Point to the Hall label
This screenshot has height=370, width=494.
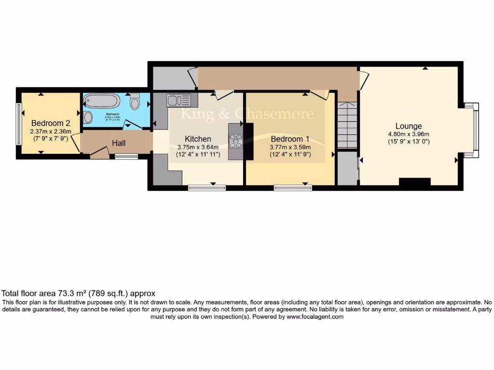click(119, 143)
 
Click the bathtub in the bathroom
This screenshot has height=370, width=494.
click(102, 101)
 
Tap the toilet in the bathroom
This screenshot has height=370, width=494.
click(135, 102)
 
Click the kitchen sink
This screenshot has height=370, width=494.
click(179, 100)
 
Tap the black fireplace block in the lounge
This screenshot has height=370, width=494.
click(414, 182)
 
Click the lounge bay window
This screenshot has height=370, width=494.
click(475, 130)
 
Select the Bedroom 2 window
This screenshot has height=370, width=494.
click(19, 123)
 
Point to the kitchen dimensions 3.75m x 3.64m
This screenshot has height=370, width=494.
click(198, 147)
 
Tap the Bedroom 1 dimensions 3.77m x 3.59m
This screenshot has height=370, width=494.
click(289, 147)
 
